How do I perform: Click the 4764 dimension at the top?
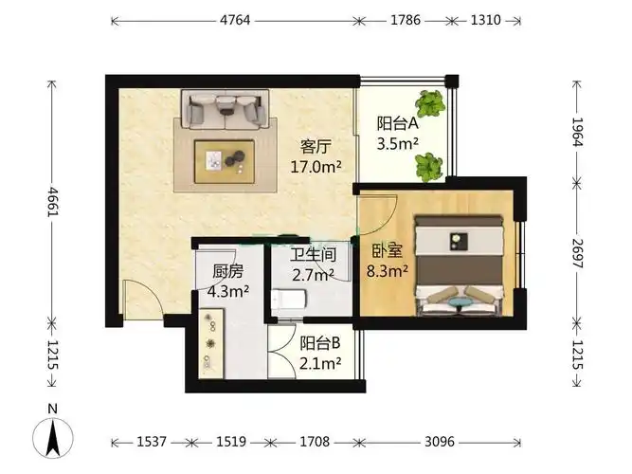coord(235,20)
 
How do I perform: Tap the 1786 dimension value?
coord(406,20)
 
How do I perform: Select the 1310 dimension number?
coord(486,20)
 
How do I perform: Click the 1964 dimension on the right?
coord(578,132)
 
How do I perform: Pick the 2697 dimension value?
coord(578,253)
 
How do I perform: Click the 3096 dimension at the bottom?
coord(440,442)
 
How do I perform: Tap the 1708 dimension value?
coord(315,442)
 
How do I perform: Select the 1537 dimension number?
coord(152,442)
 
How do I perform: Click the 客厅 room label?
coord(316,146)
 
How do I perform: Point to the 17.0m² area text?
coord(316,166)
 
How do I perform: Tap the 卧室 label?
coord(387,251)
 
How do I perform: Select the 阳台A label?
coord(398,123)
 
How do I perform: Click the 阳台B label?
coord(320,343)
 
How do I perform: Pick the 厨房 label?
coord(228,271)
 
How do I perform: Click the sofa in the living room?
coord(225,109)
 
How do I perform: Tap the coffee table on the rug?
coord(225,162)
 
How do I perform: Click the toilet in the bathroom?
coord(289,300)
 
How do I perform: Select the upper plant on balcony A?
coord(431,103)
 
